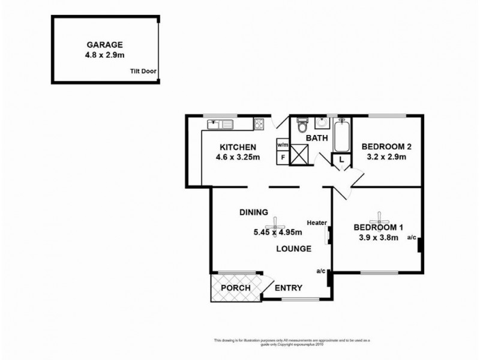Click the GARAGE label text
(105, 44)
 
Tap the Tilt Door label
(143, 71)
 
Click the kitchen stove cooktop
(260, 124)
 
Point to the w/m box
(283, 145)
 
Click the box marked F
(283, 157)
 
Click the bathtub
(341, 136)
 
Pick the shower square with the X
(301, 156)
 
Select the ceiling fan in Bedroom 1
(379, 217)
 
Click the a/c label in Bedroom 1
(412, 238)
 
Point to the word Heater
(317, 222)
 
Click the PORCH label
(236, 288)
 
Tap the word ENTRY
(287, 288)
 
